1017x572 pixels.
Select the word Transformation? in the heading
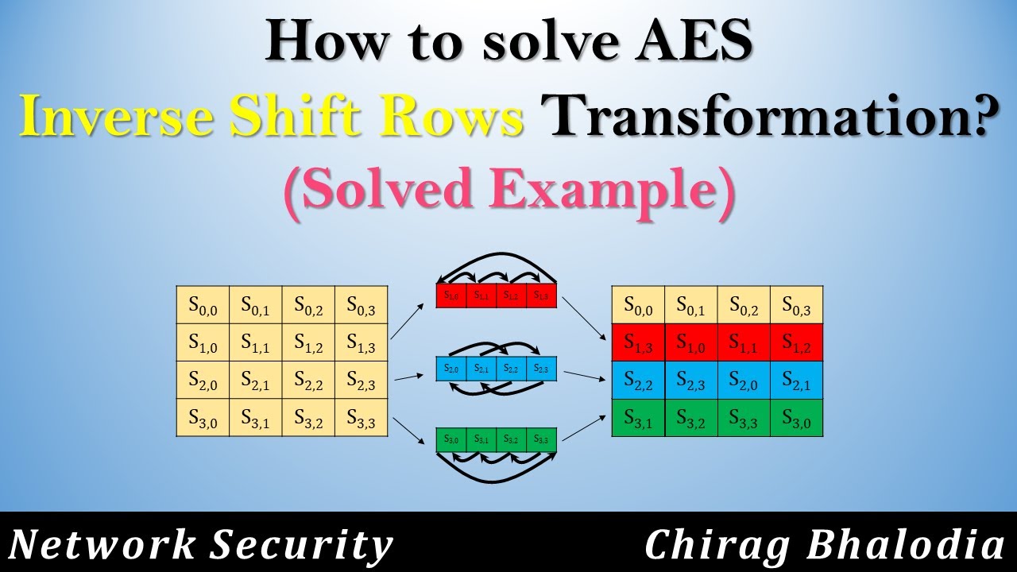tap(762, 118)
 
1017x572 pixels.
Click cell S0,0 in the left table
tap(203, 305)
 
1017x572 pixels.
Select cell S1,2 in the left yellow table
tap(308, 342)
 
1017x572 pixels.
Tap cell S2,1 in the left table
tap(256, 380)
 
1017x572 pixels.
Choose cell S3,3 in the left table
tap(361, 417)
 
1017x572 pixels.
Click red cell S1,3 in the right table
tap(638, 342)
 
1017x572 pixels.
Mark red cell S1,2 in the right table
tap(796, 342)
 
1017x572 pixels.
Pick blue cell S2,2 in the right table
tap(638, 380)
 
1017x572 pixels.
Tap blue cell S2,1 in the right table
tap(796, 380)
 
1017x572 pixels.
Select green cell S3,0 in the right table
tap(796, 417)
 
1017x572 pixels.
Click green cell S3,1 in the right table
tap(638, 417)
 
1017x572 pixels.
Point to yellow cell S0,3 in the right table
tap(796, 305)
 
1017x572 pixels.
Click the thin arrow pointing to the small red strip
tap(412, 317)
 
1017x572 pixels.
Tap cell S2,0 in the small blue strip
tap(451, 369)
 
